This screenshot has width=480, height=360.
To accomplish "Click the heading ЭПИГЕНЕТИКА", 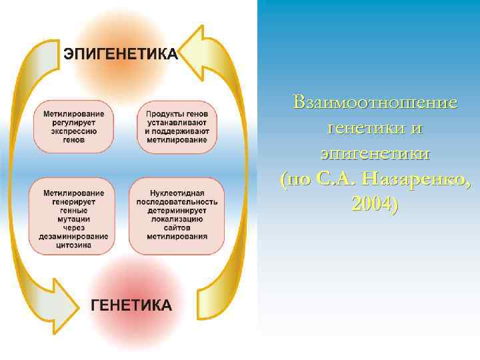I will tap(121, 54).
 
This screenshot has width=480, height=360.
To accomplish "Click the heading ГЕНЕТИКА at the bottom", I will tap(131, 305).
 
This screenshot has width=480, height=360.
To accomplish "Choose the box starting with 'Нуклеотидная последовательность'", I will tap(176, 215).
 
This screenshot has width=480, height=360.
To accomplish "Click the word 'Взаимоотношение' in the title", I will tap(375, 103).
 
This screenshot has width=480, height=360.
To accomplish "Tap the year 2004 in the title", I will tap(374, 204).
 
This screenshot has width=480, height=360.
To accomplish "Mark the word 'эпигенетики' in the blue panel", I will tap(375, 153).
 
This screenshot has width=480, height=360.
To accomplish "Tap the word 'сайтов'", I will tap(176, 227).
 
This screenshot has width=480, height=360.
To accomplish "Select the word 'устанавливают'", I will tap(176, 123).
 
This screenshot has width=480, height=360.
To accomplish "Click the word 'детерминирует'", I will tap(176, 210).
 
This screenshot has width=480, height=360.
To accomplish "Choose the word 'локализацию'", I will tap(176, 219).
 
